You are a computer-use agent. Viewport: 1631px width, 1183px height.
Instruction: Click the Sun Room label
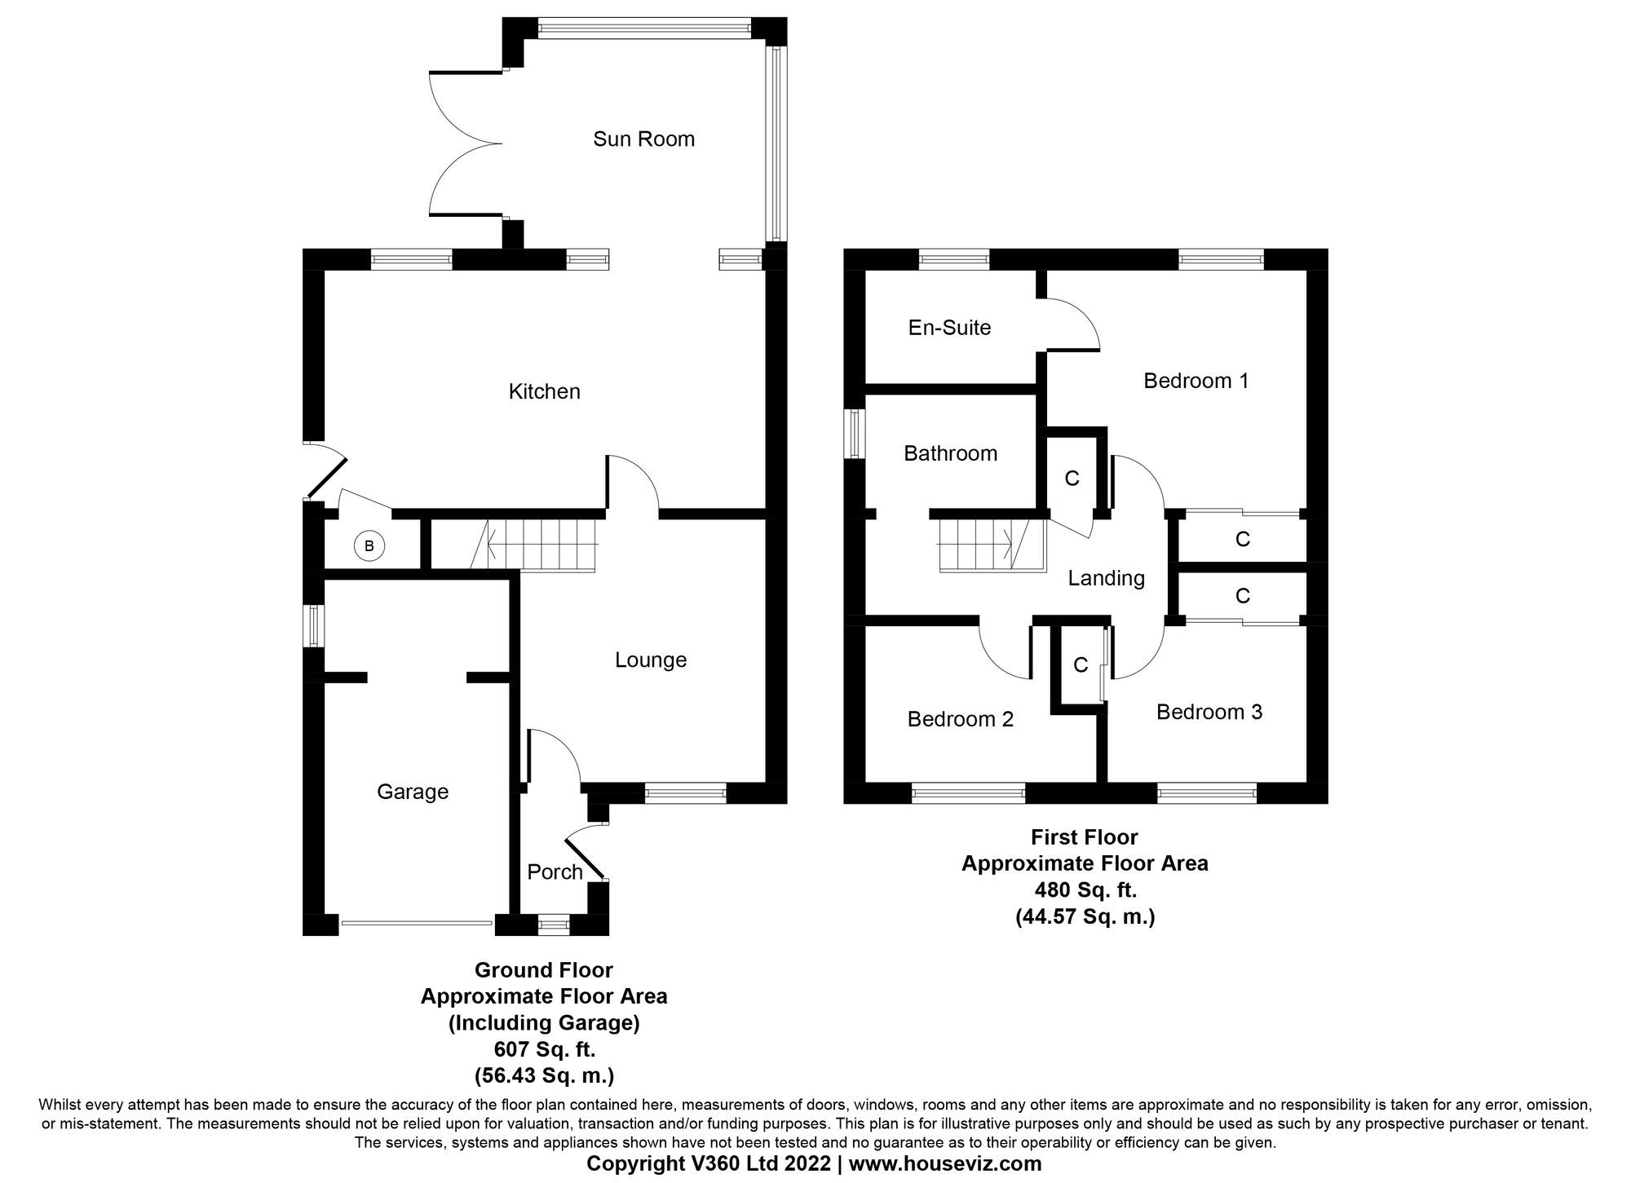point(643,139)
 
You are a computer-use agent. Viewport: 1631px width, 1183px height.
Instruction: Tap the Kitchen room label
point(544,391)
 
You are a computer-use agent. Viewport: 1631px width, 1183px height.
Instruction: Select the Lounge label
point(650,660)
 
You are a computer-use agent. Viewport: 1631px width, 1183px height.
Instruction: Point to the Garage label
point(413,792)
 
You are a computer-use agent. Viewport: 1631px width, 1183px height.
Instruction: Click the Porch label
point(555,872)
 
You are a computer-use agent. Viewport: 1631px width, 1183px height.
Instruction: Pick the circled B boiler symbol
point(369,546)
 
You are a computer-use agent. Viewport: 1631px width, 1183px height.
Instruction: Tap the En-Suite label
point(949,328)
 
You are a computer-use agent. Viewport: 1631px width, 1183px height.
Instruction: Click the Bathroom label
point(950,453)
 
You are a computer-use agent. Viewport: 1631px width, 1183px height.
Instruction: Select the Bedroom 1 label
point(1196,381)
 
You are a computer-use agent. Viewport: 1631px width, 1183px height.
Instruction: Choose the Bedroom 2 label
point(960,719)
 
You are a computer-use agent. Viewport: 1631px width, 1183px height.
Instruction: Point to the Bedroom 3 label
point(1209,712)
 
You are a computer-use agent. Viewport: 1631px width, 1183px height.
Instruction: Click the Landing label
point(1106,578)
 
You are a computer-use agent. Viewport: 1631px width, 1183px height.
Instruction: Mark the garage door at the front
point(417,924)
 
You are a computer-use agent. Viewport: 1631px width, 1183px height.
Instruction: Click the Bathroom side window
point(854,433)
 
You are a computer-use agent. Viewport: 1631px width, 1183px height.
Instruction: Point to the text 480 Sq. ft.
point(1085,889)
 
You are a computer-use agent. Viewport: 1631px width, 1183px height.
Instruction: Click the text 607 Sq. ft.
point(543,1048)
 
